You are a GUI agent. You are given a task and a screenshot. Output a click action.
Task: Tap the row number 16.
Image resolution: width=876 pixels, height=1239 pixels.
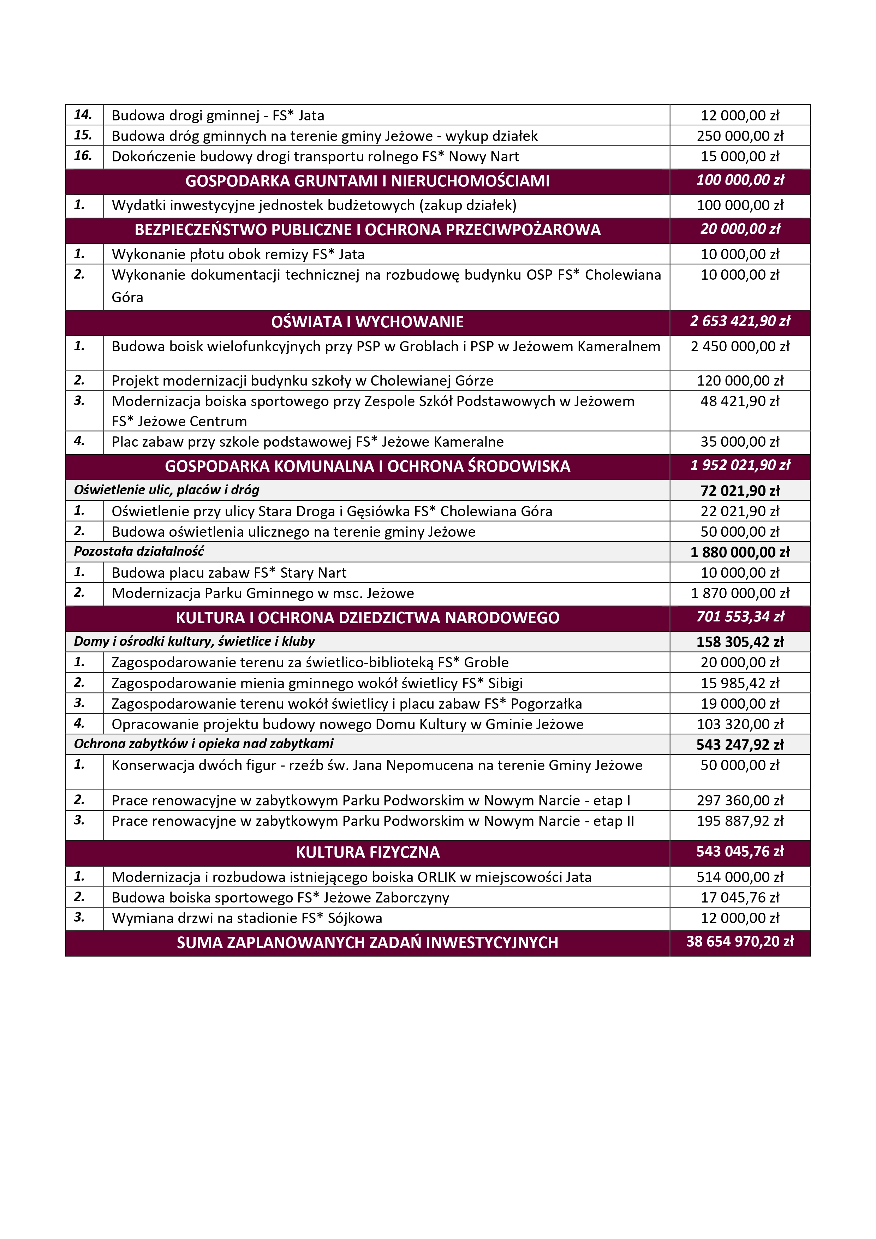coord(83,156)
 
